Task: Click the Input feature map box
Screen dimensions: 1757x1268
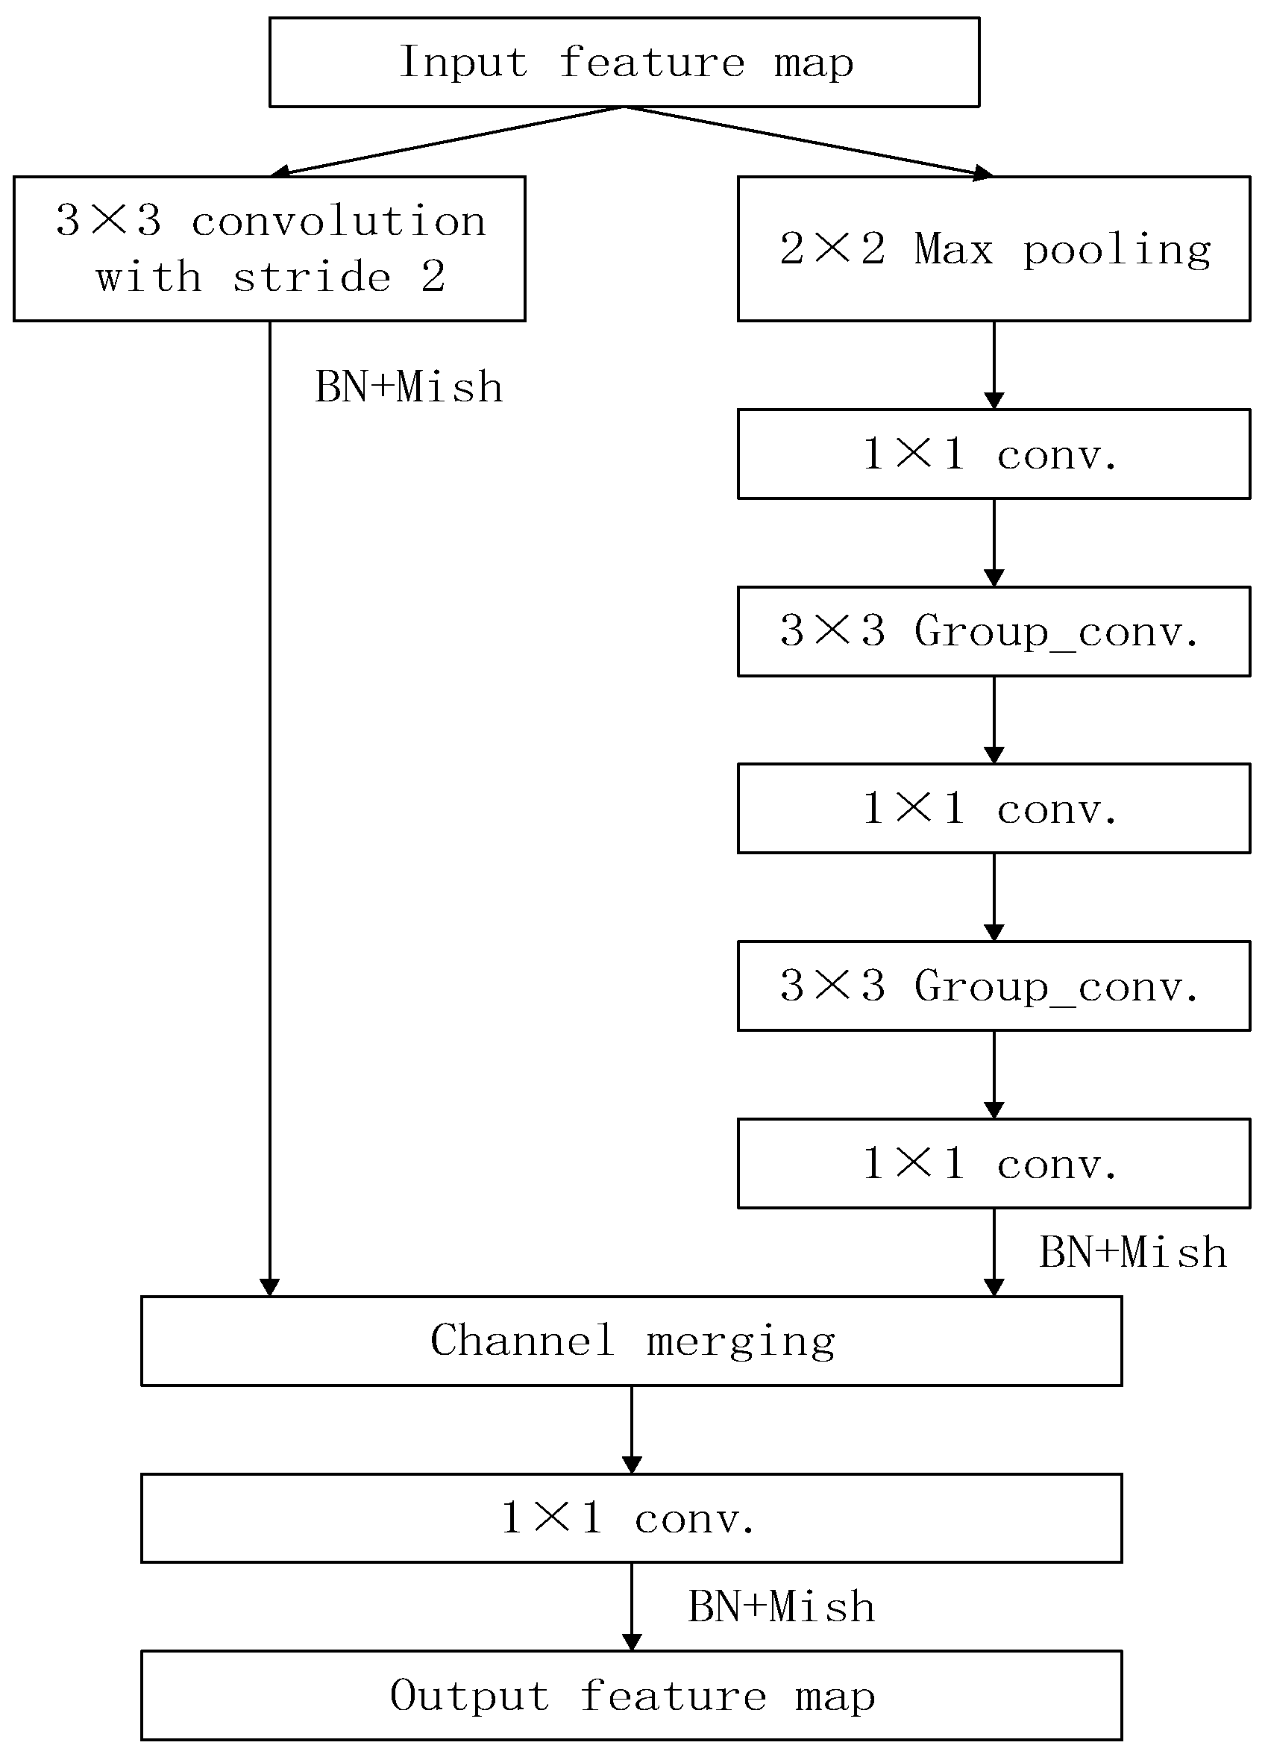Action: (x=624, y=62)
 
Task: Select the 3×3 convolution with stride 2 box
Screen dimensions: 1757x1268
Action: (x=269, y=248)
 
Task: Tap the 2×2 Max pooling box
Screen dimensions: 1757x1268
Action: (x=994, y=248)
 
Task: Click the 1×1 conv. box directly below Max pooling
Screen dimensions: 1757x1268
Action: (x=994, y=454)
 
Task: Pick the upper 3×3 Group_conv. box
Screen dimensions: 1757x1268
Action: (x=994, y=631)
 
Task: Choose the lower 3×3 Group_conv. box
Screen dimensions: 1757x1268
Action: (x=994, y=986)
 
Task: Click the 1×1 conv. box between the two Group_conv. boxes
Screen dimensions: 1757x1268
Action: (x=994, y=809)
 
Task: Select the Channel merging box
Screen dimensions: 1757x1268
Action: (x=631, y=1341)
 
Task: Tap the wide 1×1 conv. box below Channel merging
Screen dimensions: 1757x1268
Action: (x=631, y=1518)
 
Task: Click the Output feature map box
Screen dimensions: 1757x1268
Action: (x=631, y=1696)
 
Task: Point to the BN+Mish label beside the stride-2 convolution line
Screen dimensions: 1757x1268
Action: (x=408, y=386)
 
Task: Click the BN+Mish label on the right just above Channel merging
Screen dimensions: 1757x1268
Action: (x=1132, y=1253)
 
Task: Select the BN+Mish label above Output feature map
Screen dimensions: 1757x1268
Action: (x=781, y=1607)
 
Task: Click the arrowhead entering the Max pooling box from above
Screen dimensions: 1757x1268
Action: (x=983, y=173)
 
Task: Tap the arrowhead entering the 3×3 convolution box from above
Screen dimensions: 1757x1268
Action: (x=280, y=172)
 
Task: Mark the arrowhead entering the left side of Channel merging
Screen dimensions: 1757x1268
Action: (x=269, y=1288)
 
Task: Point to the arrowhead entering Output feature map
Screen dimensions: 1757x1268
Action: (x=631, y=1642)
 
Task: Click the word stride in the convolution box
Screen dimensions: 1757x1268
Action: (x=313, y=278)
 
